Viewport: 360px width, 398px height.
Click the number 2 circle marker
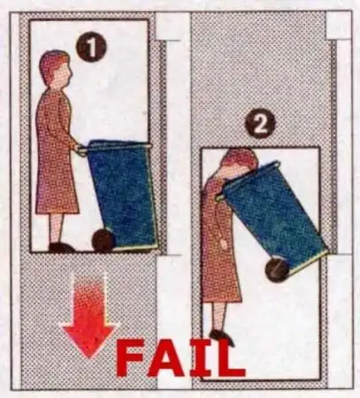pyautogui.click(x=260, y=124)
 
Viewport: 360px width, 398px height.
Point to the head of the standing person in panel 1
pyautogui.click(x=56, y=70)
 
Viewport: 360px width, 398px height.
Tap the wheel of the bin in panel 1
pyautogui.click(x=103, y=241)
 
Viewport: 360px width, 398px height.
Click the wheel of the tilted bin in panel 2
pyautogui.click(x=277, y=270)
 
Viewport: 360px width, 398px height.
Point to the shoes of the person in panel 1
pyautogui.click(x=61, y=248)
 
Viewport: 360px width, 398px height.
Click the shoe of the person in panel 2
pyautogui.click(x=222, y=337)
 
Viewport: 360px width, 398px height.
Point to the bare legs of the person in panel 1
pyautogui.click(x=57, y=227)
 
